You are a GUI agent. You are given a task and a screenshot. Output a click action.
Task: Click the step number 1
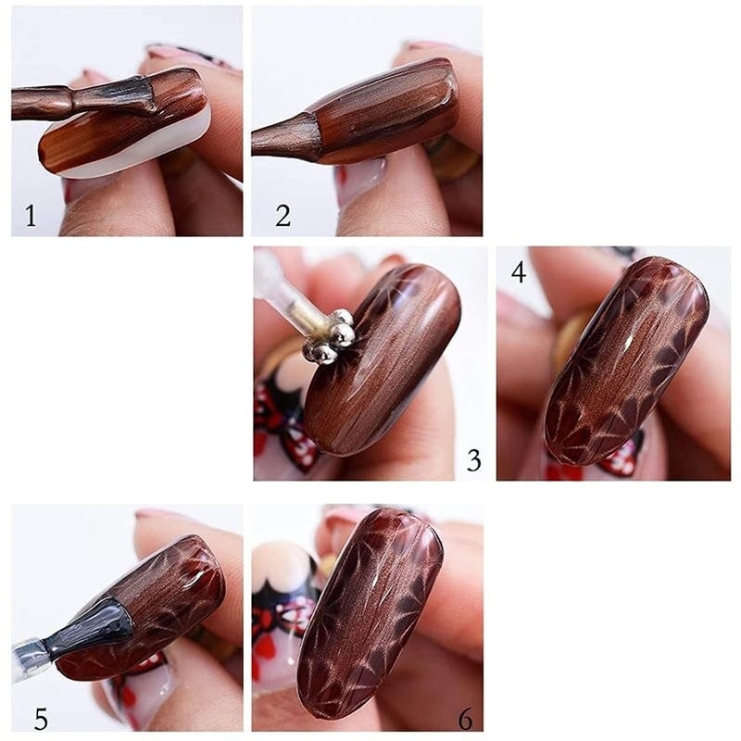[x=31, y=217]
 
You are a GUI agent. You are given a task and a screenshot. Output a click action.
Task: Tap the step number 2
[x=283, y=216]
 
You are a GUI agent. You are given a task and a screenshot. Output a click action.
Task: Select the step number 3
[x=473, y=460]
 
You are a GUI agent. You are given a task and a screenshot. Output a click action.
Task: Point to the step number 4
[x=518, y=271]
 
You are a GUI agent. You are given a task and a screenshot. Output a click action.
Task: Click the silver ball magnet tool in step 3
[x=331, y=336]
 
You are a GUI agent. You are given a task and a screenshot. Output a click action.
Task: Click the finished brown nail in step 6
[x=370, y=611]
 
